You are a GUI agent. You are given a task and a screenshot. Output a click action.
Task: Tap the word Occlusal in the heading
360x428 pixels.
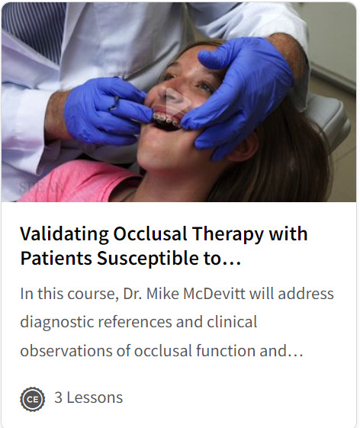tap(150, 234)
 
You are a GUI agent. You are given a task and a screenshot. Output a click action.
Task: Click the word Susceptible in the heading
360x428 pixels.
tap(148, 259)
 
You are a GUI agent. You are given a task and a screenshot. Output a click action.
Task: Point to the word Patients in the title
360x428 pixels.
tap(56, 258)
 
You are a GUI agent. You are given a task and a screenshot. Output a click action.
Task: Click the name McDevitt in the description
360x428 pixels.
tap(214, 294)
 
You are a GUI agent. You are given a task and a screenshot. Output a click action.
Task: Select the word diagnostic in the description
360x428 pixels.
tap(56, 323)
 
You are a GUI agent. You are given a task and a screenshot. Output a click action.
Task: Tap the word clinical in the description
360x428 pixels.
tap(232, 321)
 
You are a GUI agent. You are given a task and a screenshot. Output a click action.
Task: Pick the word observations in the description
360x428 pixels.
tap(66, 350)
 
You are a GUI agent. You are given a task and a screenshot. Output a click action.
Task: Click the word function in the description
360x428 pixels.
tap(226, 350)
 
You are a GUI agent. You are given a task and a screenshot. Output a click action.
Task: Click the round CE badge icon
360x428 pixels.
tap(33, 399)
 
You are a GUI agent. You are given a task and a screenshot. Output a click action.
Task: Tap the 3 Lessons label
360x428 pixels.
tap(88, 397)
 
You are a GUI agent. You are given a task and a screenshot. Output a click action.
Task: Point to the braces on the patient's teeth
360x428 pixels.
tap(166, 120)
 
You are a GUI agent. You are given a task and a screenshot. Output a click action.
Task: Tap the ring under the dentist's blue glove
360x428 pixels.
tap(114, 103)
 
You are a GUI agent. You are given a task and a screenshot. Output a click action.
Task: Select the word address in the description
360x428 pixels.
tap(306, 294)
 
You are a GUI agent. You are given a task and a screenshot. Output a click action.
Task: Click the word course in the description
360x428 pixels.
tap(93, 294)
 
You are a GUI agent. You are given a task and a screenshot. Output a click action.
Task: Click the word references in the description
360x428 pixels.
tap(135, 321)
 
